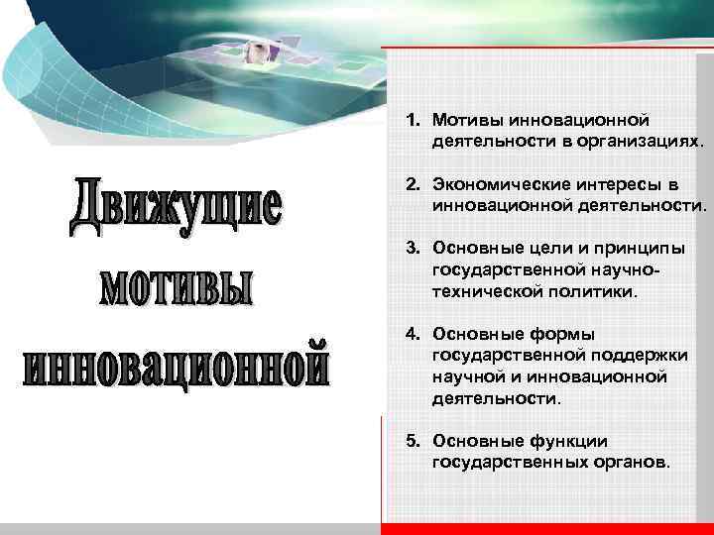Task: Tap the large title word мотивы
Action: [177, 285]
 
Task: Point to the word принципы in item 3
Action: [636, 249]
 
